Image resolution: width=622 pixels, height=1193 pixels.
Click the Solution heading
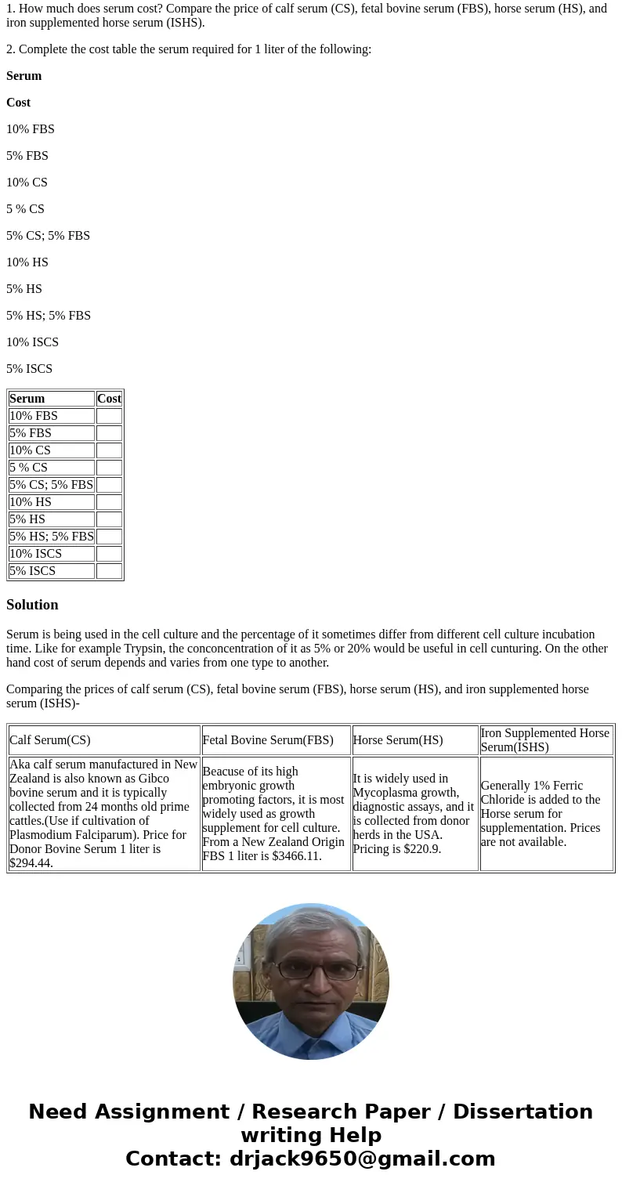[32, 605]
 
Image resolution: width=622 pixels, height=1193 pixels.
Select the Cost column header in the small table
[109, 399]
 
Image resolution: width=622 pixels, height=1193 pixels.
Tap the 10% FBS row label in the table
[34, 416]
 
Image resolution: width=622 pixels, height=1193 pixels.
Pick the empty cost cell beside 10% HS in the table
[109, 502]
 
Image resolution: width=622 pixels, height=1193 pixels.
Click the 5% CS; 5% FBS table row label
[51, 485]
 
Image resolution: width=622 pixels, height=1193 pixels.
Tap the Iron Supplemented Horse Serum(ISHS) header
[545, 740]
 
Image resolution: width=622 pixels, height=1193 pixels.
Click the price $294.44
[31, 863]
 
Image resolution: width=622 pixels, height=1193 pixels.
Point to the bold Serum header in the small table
[27, 399]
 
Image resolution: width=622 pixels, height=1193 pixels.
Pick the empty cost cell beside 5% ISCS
[109, 571]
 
